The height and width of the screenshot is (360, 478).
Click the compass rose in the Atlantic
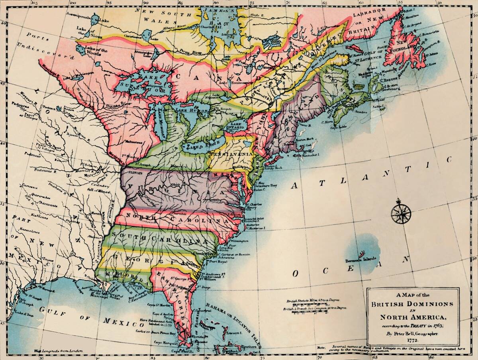click(401, 213)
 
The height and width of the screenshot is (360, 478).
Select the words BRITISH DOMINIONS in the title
click(412, 304)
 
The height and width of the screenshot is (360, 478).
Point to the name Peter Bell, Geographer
click(413, 332)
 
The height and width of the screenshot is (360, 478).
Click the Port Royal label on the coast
click(218, 262)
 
